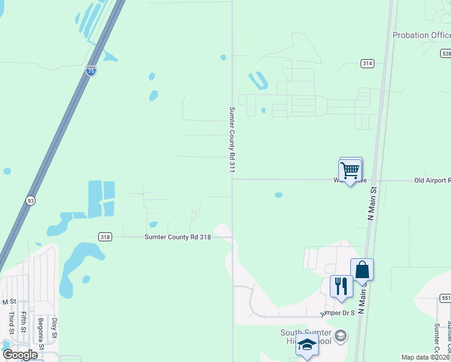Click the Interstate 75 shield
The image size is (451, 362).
click(91, 71)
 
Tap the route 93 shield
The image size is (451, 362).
click(30, 200)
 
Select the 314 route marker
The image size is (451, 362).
click(367, 63)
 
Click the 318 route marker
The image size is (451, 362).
click(105, 237)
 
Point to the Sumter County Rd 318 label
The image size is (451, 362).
click(178, 238)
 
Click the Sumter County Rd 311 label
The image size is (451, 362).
click(231, 140)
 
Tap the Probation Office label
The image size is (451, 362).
click(421, 35)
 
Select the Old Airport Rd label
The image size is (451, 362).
click(432, 180)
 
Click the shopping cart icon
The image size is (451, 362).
click(350, 171)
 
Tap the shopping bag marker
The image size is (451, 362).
click(362, 270)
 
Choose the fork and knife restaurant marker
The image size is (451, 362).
click(341, 287)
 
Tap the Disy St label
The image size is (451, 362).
click(54, 327)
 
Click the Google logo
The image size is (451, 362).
click(20, 355)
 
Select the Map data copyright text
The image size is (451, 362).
click(425, 357)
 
